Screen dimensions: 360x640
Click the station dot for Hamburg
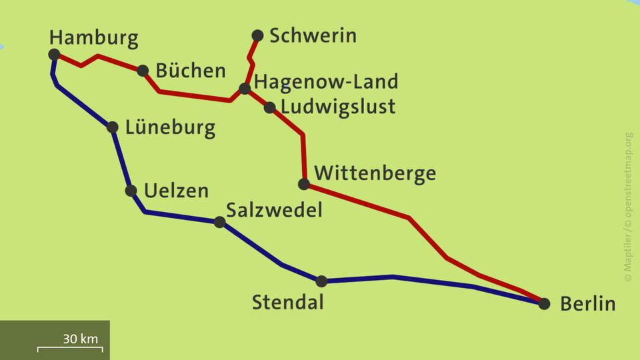click(54, 55)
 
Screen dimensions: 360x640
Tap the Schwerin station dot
click(257, 35)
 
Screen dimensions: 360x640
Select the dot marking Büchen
click(143, 71)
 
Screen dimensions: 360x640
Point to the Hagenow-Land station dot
click(245, 89)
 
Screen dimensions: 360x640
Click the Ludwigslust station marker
click(269, 107)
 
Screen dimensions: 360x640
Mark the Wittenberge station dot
click(304, 184)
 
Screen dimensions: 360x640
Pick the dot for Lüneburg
click(113, 127)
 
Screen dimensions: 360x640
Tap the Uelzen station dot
click(131, 191)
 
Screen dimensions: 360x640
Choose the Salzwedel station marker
click(220, 222)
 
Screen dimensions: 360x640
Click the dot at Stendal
click(321, 281)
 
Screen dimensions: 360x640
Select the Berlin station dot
click(544, 304)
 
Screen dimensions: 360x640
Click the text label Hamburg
click(94, 37)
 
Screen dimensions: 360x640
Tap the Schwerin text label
click(313, 35)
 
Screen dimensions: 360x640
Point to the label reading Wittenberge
click(375, 173)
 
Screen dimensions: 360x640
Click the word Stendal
click(287, 302)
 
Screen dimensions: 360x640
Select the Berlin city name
click(587, 304)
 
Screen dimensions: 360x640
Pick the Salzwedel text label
click(274, 210)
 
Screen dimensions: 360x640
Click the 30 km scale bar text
click(80, 339)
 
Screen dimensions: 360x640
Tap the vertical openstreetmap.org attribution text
click(628, 207)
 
